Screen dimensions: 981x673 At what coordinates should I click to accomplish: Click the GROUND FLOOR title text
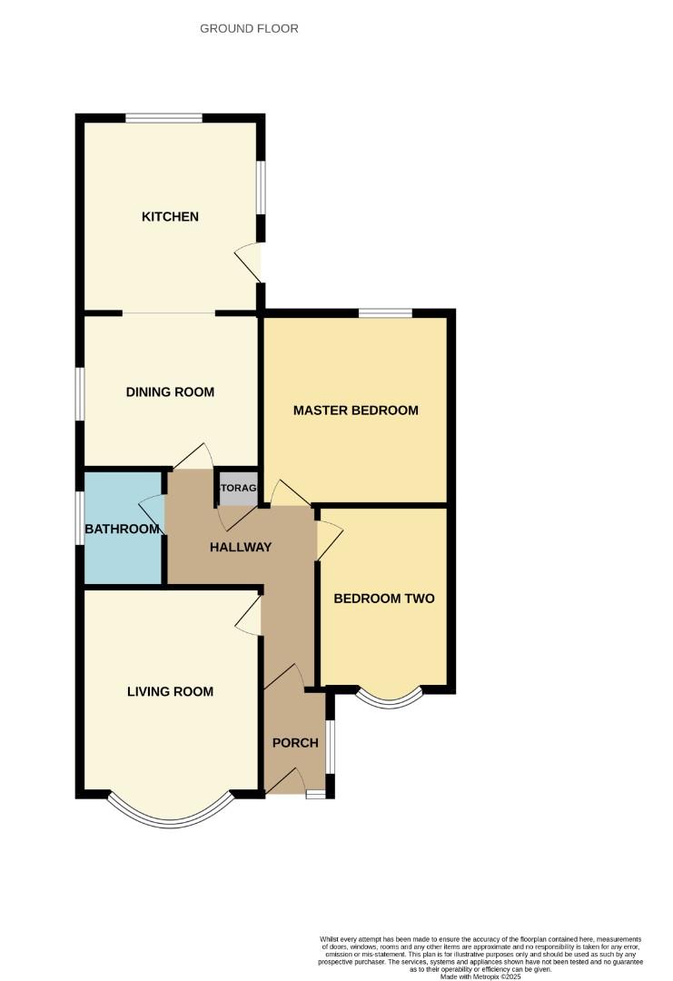pos(249,29)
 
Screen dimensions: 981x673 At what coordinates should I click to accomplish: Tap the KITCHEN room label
pos(170,217)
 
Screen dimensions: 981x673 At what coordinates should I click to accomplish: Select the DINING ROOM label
pos(170,392)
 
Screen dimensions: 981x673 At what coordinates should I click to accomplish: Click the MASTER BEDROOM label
pos(355,411)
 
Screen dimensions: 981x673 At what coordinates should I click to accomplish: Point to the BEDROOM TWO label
pos(383,599)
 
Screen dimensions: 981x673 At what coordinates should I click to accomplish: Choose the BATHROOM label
pos(122,529)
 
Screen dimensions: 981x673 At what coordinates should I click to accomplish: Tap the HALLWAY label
pos(241,547)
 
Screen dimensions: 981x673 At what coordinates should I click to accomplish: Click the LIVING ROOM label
pos(170,692)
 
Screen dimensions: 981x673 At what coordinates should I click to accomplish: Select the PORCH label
pos(295,743)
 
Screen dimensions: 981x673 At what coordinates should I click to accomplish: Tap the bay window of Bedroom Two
pos(389,699)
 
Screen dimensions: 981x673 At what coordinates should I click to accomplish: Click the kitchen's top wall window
pos(163,117)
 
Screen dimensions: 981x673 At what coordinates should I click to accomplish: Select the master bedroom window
pos(385,313)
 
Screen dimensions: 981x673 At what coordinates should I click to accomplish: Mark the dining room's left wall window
pos(80,393)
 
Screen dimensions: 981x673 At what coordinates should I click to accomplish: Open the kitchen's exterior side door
pos(252,263)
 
